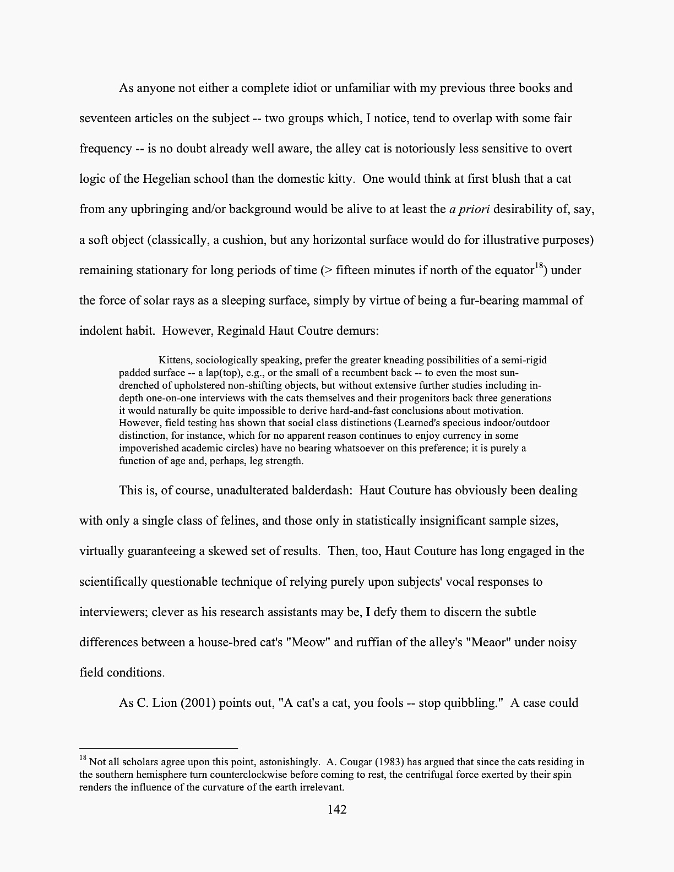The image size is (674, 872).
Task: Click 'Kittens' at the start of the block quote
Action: pos(175,360)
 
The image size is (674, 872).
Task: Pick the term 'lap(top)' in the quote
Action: pos(224,373)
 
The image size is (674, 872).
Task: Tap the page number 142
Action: pos(336,809)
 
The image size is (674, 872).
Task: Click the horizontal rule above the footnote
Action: pos(159,749)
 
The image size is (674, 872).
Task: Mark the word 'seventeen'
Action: pos(105,118)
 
